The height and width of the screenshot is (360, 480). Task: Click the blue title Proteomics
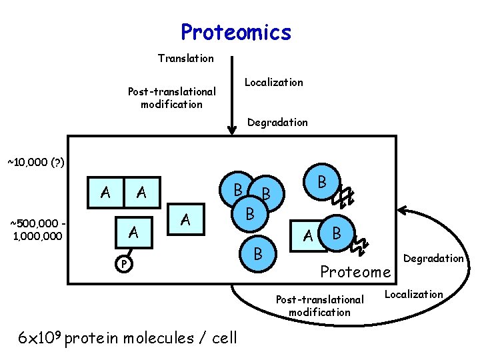pos(236,32)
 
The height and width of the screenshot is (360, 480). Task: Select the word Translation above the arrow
pos(185,59)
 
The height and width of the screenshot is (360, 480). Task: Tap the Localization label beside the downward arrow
pos(273,83)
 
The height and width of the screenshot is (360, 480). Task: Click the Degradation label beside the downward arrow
pos(277,123)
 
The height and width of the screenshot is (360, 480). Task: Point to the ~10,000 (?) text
pos(35,162)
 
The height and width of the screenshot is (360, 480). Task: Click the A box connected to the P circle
pos(133,233)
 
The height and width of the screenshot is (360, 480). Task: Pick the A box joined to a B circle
pos(308,235)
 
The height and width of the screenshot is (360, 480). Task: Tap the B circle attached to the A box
pos(337,233)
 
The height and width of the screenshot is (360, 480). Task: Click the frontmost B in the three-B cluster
pos(249,215)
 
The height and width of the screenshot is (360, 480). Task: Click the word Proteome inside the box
pos(355,272)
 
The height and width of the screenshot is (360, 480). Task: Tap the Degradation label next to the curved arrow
pos(433,259)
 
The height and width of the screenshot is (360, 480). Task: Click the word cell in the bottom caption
pos(223,338)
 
